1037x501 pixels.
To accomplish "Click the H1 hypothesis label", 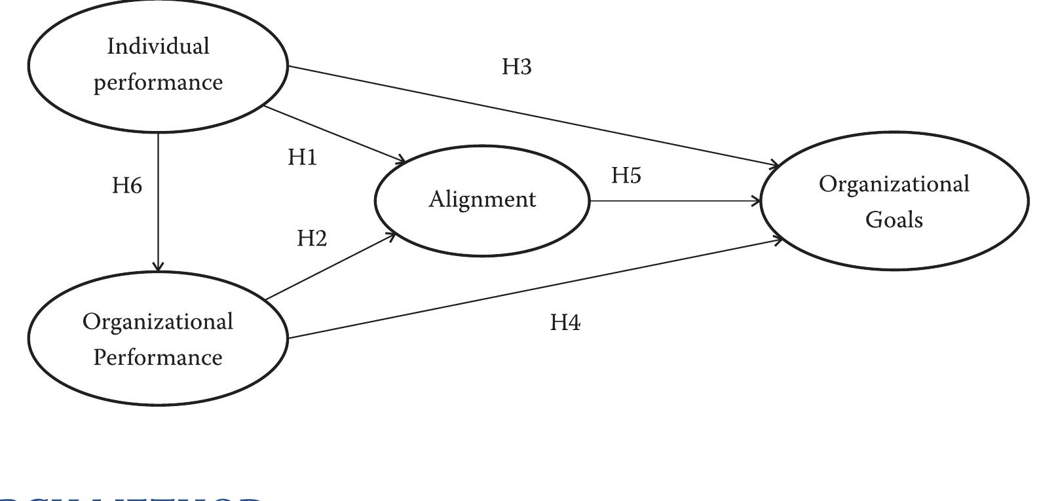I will tap(302, 158).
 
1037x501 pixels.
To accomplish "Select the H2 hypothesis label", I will tap(311, 238).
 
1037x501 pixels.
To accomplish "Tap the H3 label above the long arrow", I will tap(516, 67).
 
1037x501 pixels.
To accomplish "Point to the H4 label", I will tap(565, 322).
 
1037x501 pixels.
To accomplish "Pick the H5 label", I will tap(626, 176).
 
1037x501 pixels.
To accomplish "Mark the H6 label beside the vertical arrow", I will tap(126, 186).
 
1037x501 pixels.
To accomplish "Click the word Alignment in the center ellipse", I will tap(482, 200).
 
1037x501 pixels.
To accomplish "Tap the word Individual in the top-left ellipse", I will tap(158, 46).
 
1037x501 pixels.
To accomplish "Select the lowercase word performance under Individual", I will tap(158, 83).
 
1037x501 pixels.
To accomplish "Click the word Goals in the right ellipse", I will tap(894, 220).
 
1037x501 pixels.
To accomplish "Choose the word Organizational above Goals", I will tap(894, 184).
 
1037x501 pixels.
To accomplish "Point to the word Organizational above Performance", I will tap(158, 322).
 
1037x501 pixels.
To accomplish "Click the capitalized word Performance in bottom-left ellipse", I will tap(158, 358).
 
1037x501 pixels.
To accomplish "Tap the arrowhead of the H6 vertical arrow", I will tap(158, 267).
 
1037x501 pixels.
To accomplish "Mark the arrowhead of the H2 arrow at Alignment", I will tap(391, 235).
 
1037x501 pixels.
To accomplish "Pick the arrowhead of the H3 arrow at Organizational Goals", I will tap(774, 165).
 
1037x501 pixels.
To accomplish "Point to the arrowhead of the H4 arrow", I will tap(778, 240).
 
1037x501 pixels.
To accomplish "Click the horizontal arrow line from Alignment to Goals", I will tap(675, 201).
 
